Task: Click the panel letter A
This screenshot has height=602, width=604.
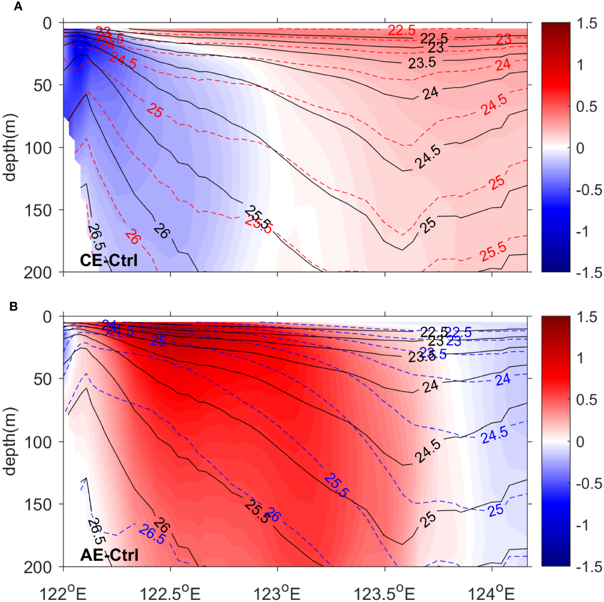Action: (17, 6)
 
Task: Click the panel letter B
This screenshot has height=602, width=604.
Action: (14, 306)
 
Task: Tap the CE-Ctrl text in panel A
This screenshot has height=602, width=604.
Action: (109, 260)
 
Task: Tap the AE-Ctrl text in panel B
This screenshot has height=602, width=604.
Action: (109, 555)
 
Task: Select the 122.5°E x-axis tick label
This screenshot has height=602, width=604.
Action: (170, 593)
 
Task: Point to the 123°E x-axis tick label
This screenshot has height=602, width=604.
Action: (277, 593)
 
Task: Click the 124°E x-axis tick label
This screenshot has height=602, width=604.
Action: (491, 593)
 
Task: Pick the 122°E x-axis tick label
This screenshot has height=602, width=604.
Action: (64, 593)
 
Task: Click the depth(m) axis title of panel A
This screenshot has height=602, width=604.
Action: (9, 147)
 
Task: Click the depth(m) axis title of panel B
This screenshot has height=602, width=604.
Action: (9, 441)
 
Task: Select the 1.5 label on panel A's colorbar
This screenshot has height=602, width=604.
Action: (587, 24)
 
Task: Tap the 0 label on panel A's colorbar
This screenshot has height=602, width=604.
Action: (580, 148)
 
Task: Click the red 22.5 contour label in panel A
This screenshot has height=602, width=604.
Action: (401, 30)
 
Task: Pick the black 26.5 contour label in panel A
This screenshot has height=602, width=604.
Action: (96, 237)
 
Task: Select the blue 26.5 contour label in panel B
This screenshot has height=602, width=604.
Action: (152, 534)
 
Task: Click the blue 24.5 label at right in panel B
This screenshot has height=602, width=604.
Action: (494, 435)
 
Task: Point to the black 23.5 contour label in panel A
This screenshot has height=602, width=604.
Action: (422, 63)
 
